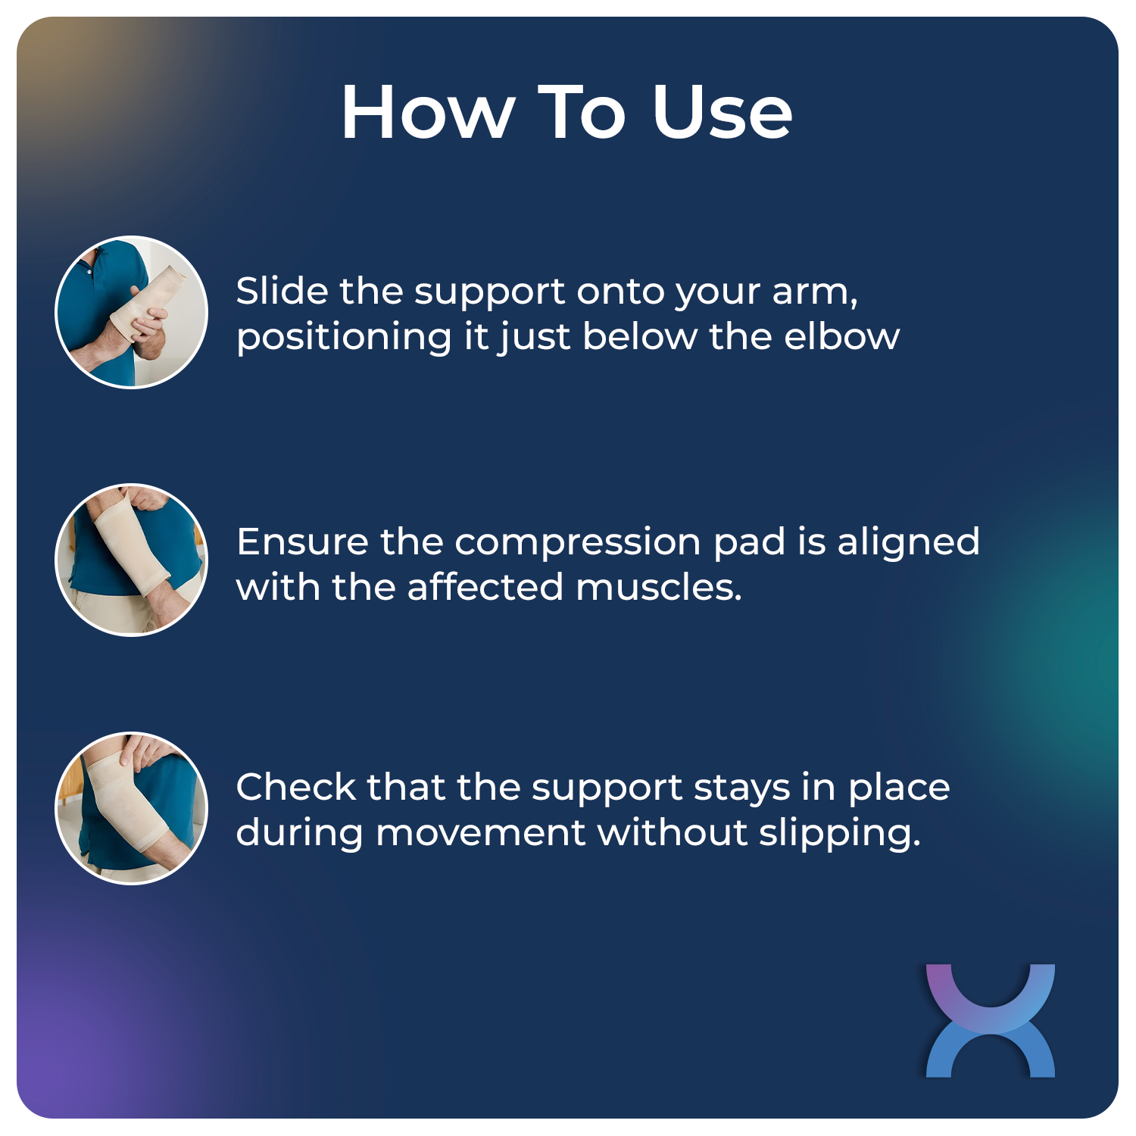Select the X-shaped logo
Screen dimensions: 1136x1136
(990, 1020)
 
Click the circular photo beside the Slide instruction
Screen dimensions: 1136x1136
(132, 312)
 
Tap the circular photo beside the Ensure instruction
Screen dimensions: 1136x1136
(132, 560)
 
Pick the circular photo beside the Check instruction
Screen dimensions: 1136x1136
(132, 808)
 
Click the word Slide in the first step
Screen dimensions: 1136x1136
(282, 291)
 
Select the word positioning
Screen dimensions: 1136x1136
(344, 338)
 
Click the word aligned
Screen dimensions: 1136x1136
(908, 543)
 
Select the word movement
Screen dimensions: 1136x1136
(480, 832)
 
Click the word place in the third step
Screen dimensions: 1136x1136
(899, 788)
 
